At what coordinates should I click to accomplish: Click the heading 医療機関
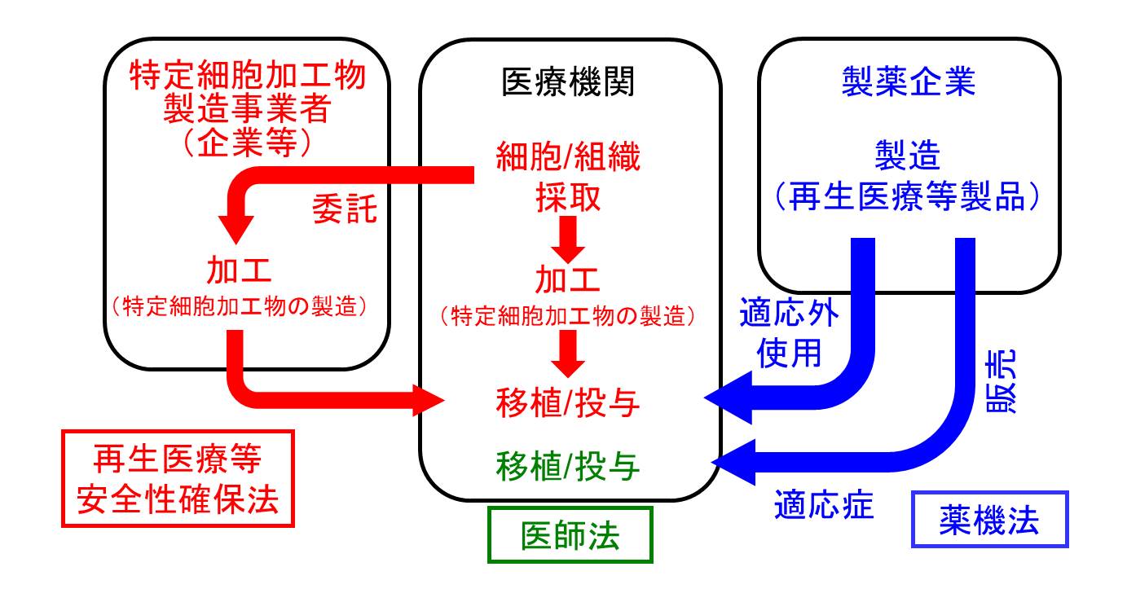(x=569, y=81)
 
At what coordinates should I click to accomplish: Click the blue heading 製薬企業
(x=908, y=81)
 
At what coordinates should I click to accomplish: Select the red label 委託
(x=345, y=209)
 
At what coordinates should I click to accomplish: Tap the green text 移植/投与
(x=569, y=466)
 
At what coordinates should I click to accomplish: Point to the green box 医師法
(x=570, y=535)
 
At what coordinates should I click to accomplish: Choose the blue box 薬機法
(x=989, y=520)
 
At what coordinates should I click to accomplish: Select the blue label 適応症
(x=823, y=507)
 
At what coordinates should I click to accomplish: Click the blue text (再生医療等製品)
(x=908, y=196)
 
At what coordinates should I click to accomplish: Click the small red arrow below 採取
(x=569, y=237)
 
